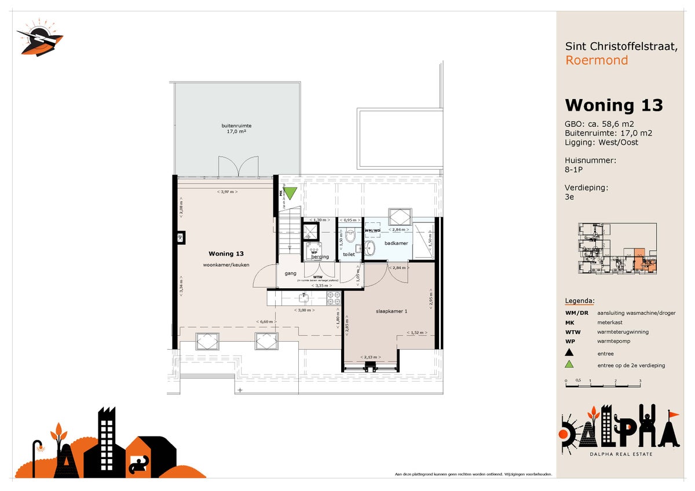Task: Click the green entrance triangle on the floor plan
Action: (x=290, y=193)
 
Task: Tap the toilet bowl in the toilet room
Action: (x=350, y=236)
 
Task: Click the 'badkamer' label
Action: (x=396, y=243)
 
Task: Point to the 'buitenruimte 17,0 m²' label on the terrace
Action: (x=236, y=129)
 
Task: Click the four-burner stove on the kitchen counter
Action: (x=334, y=298)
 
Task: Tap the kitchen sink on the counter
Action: (x=303, y=298)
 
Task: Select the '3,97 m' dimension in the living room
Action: (x=227, y=192)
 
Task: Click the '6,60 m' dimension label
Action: (x=266, y=322)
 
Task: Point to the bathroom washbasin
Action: (x=370, y=248)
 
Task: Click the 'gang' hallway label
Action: (x=290, y=273)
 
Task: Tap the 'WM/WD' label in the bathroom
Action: (x=372, y=230)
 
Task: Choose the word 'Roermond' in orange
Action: (x=596, y=60)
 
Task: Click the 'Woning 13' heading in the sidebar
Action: (x=613, y=105)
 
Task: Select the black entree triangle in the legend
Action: (x=569, y=353)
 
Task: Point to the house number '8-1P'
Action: (x=574, y=171)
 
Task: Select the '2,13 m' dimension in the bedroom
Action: (x=370, y=357)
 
